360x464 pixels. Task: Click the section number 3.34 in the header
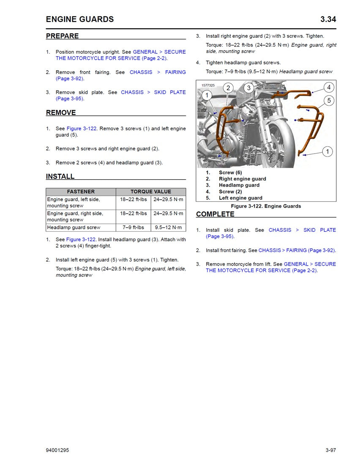click(x=328, y=19)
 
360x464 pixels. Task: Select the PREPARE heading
click(x=62, y=36)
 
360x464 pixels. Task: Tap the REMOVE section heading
click(x=61, y=113)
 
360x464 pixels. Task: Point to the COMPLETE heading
click(x=215, y=214)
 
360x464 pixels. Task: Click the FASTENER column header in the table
click(x=81, y=192)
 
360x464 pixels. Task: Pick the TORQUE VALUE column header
click(x=151, y=192)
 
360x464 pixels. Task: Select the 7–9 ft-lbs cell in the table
click(x=133, y=228)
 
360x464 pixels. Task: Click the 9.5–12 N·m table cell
click(x=168, y=228)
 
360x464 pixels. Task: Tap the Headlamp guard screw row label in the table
click(x=74, y=228)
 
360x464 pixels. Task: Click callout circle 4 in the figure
click(x=329, y=88)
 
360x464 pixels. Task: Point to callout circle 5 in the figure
click(x=329, y=101)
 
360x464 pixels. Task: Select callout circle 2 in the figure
click(x=228, y=88)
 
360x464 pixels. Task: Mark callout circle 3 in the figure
click(x=249, y=88)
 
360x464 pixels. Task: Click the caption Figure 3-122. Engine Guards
click(x=266, y=206)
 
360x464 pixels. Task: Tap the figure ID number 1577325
click(x=208, y=85)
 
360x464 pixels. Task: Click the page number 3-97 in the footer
click(x=330, y=450)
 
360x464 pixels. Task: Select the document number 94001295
click(x=57, y=450)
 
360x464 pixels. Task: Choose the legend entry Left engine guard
click(x=240, y=198)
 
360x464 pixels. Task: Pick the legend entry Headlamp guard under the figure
click(x=239, y=185)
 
